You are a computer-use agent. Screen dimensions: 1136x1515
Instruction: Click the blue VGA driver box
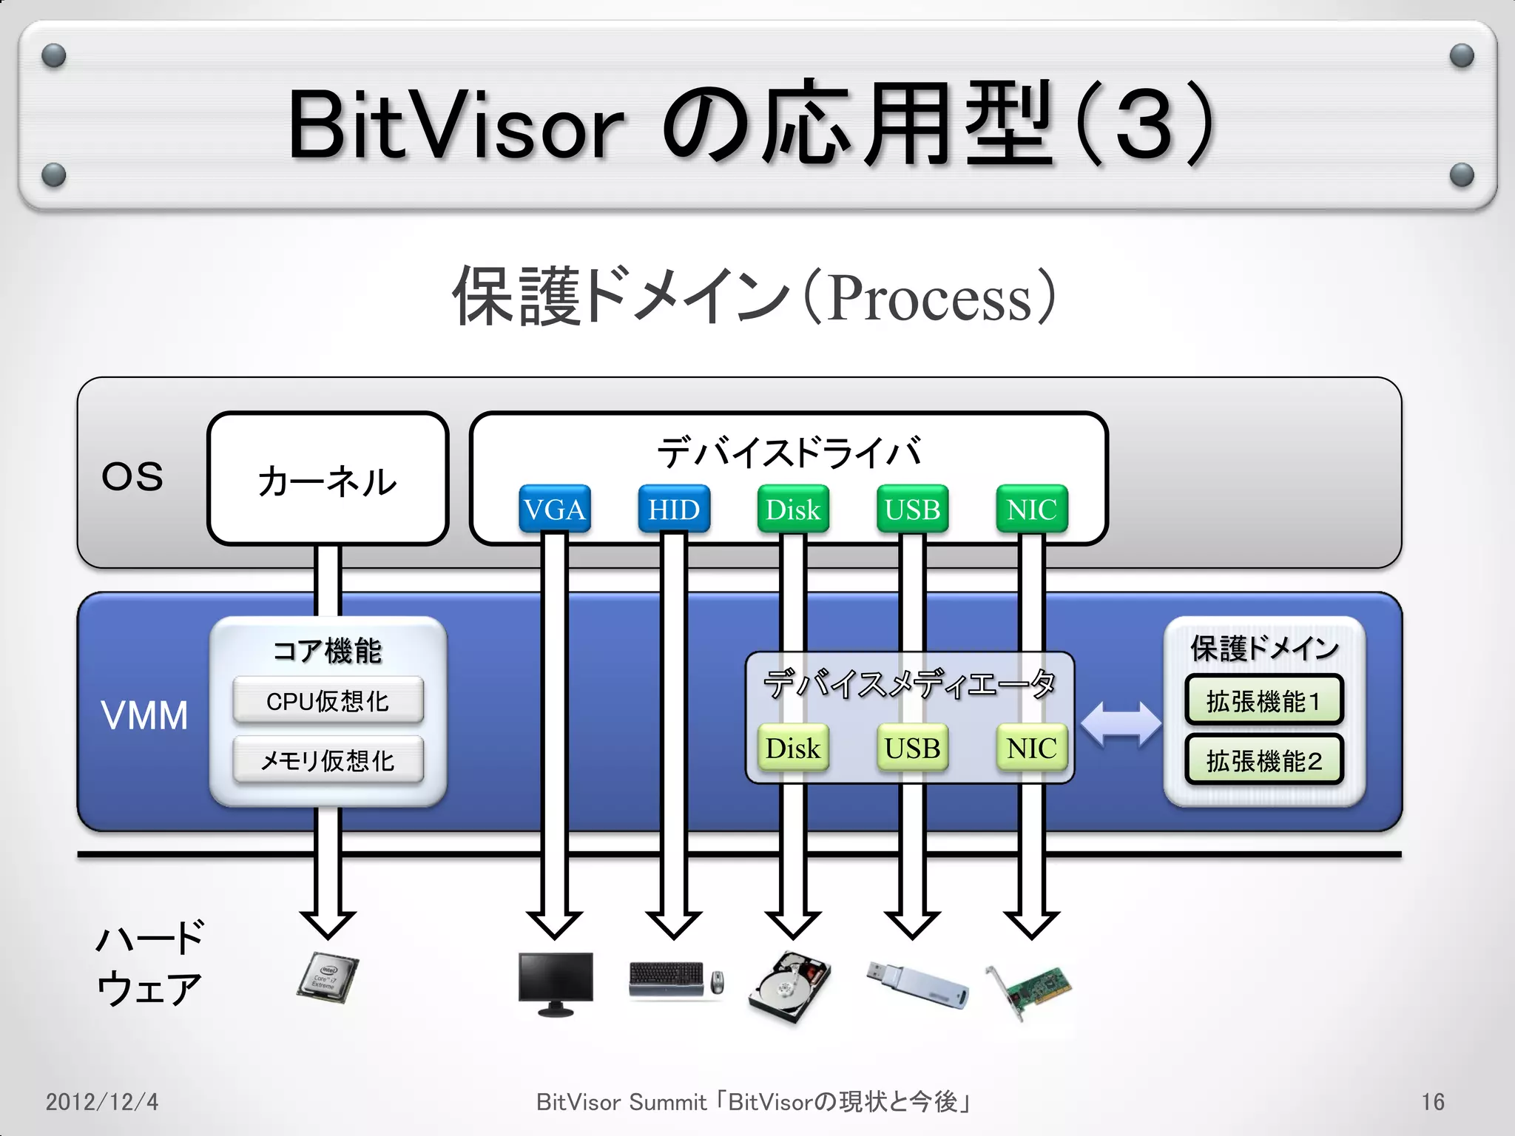[x=554, y=509]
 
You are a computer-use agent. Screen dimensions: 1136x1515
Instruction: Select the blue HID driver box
[x=674, y=509]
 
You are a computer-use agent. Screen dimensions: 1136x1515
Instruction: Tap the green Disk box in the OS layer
[x=793, y=509]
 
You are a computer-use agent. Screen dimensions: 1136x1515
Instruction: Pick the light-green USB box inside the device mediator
[x=912, y=748]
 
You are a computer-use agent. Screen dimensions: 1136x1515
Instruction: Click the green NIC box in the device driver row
[x=1032, y=509]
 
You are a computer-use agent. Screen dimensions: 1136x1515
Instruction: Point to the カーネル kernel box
[x=328, y=479]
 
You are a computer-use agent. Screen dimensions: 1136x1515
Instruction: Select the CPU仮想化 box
[x=328, y=700]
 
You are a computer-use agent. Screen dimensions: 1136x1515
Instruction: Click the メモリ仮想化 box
[x=328, y=760]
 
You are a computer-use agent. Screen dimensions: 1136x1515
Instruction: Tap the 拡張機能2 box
[x=1263, y=760]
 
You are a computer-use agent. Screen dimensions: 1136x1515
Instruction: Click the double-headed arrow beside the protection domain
[x=1121, y=725]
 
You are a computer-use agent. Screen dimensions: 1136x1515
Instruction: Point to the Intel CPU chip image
[x=328, y=978]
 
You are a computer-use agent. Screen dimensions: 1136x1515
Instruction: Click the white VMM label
[x=144, y=715]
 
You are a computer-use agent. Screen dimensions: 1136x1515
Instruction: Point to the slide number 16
[x=1432, y=1102]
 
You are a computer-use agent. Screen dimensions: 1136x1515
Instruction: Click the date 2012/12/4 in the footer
[x=102, y=1102]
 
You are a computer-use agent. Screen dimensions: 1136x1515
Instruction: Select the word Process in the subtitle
[x=930, y=298]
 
